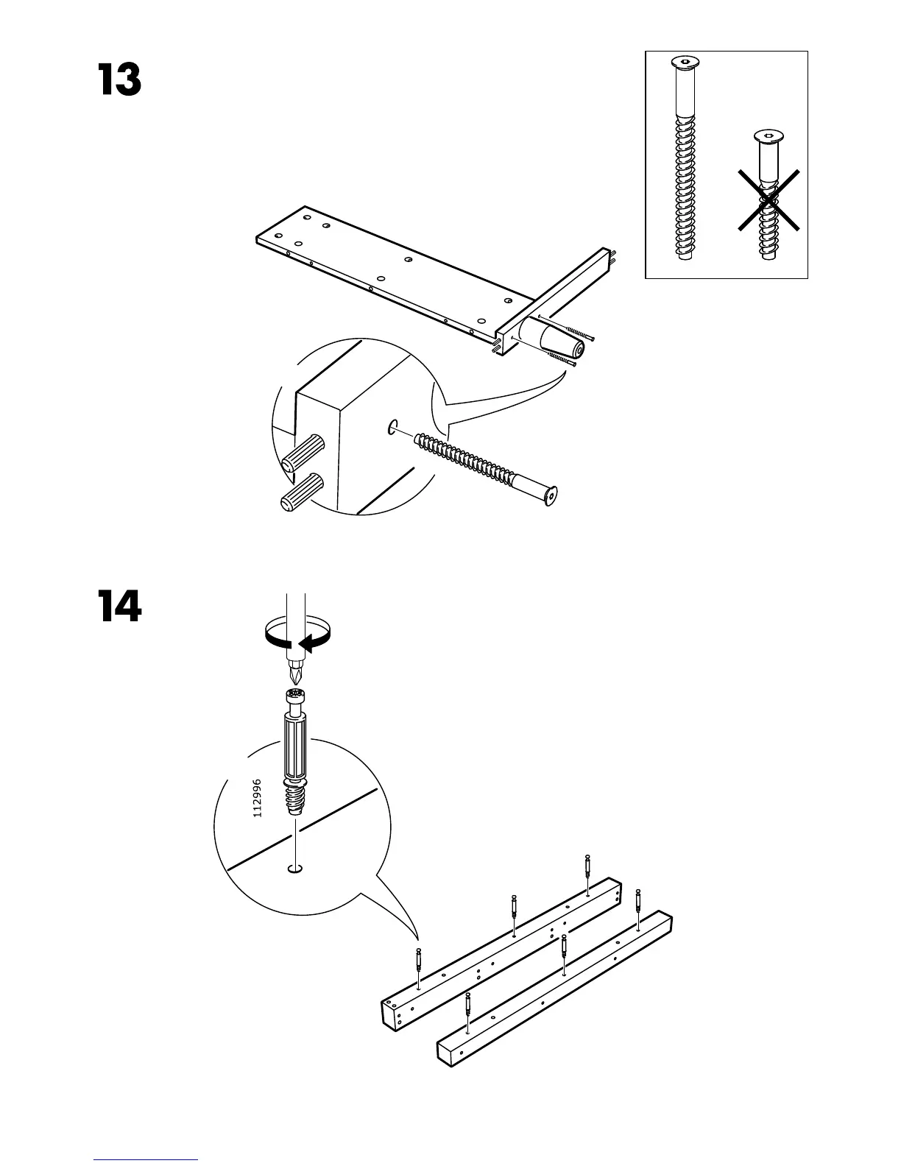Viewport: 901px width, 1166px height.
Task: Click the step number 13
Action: pyautogui.click(x=119, y=81)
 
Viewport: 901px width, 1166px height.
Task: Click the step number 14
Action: pyautogui.click(x=119, y=607)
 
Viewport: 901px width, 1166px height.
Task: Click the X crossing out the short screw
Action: pyautogui.click(x=769, y=199)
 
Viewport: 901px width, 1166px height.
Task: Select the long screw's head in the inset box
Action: pyautogui.click(x=685, y=64)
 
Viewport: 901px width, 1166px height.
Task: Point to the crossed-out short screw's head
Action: pyautogui.click(x=768, y=137)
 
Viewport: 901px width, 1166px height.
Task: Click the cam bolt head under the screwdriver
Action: pyautogui.click(x=296, y=694)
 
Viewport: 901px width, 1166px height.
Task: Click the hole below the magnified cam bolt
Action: pyautogui.click(x=295, y=870)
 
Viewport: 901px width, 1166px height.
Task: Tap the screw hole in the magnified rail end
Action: pyautogui.click(x=391, y=426)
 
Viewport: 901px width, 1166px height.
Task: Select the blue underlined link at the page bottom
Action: pyautogui.click(x=146, y=1161)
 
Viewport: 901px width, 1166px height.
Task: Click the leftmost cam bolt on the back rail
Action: pyautogui.click(x=418, y=961)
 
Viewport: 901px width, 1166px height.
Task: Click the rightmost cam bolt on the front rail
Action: pyautogui.click(x=638, y=901)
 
